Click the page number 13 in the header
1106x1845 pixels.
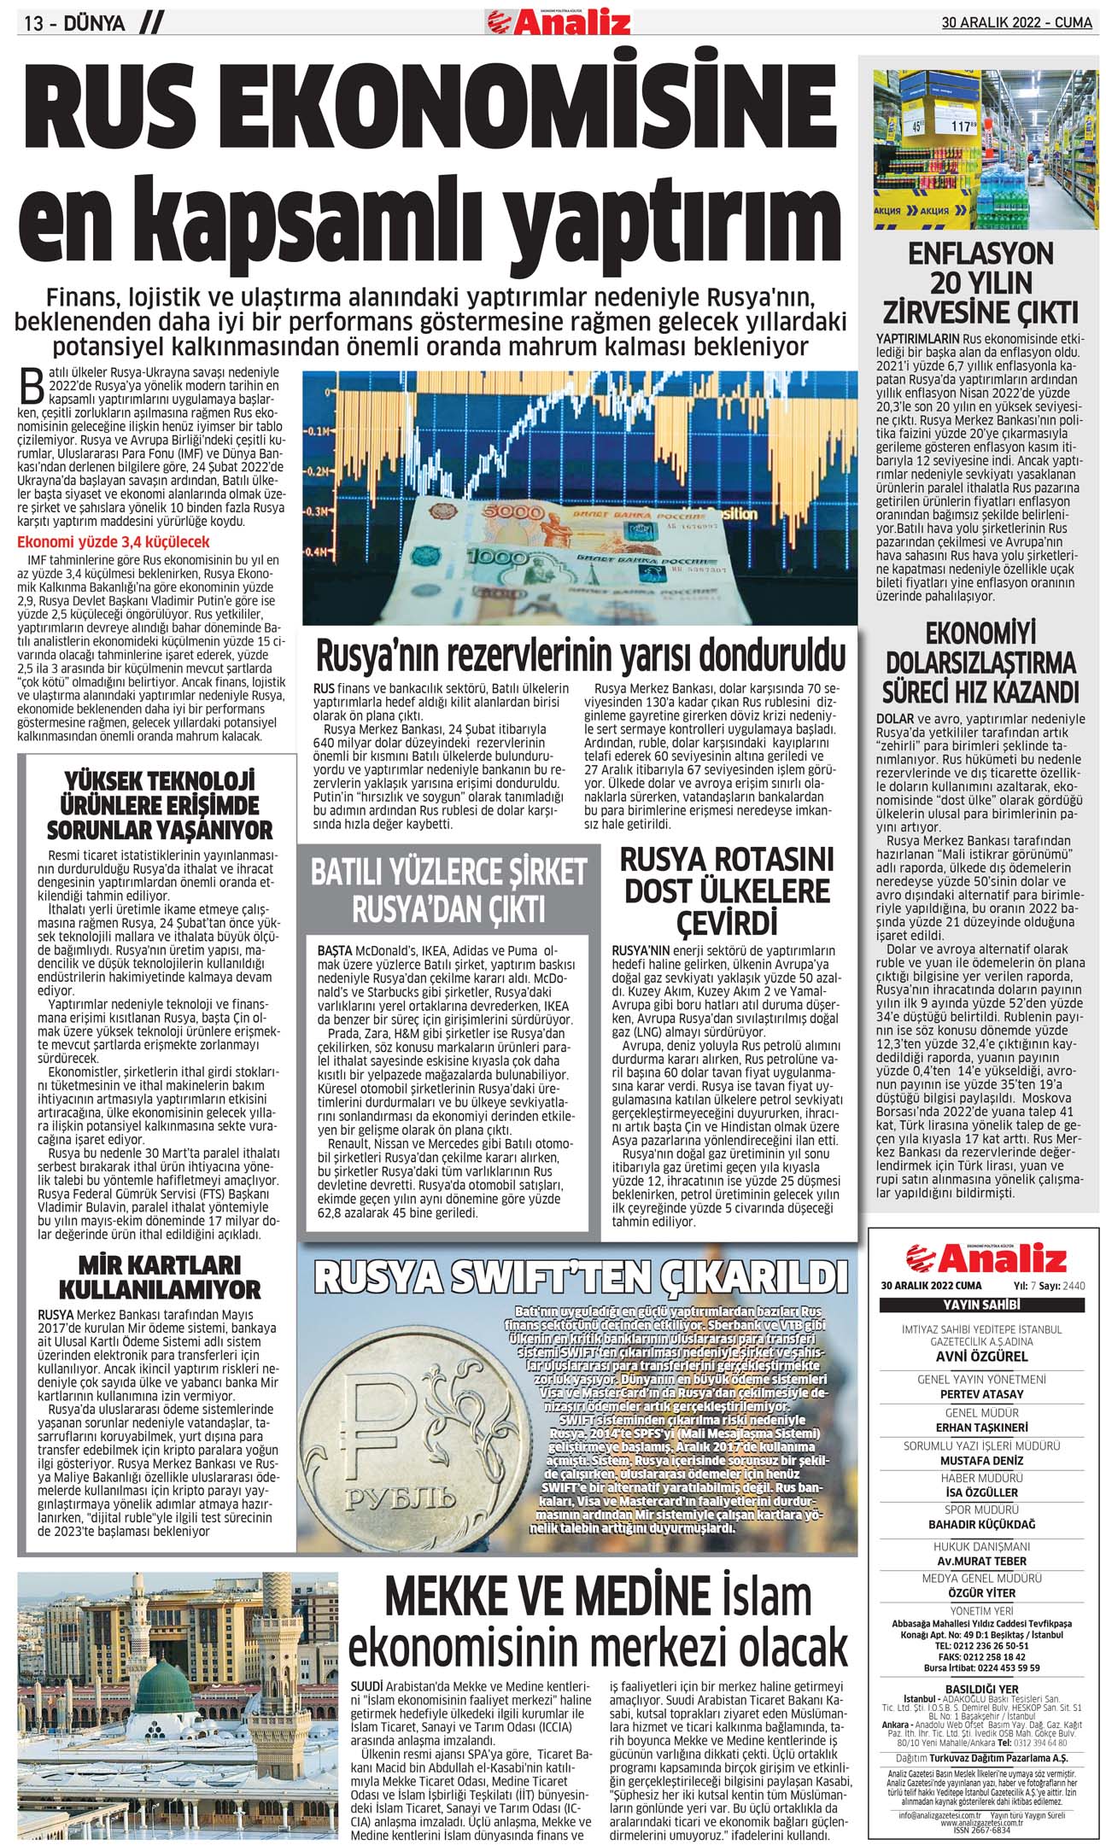[x=34, y=23]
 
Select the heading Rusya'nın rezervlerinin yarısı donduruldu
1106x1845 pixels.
[x=581, y=656]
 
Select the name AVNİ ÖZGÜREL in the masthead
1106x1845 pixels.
[x=981, y=1356]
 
